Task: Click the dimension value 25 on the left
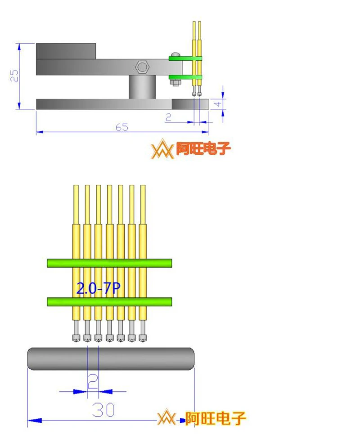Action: pyautogui.click(x=15, y=76)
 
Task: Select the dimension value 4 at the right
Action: pyautogui.click(x=218, y=104)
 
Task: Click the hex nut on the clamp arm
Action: pyautogui.click(x=142, y=67)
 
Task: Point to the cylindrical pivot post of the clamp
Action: pyautogui.click(x=142, y=87)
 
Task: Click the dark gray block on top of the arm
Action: pyautogui.click(x=66, y=51)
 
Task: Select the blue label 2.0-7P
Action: pyautogui.click(x=98, y=289)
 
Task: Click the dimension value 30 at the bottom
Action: pyautogui.click(x=103, y=410)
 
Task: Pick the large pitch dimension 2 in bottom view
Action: pyautogui.click(x=93, y=382)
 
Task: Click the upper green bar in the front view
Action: pyautogui.click(x=109, y=263)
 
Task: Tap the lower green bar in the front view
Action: pyautogui.click(x=109, y=301)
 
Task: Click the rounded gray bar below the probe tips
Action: pyautogui.click(x=111, y=358)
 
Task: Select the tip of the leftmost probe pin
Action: pyautogui.click(x=76, y=338)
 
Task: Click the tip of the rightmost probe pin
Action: pyautogui.click(x=143, y=338)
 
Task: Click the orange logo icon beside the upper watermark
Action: pyautogui.click(x=162, y=149)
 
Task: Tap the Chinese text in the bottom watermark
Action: pyautogui.click(x=216, y=418)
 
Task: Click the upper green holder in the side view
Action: pyautogui.click(x=185, y=58)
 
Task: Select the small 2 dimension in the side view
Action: pyautogui.click(x=168, y=117)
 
